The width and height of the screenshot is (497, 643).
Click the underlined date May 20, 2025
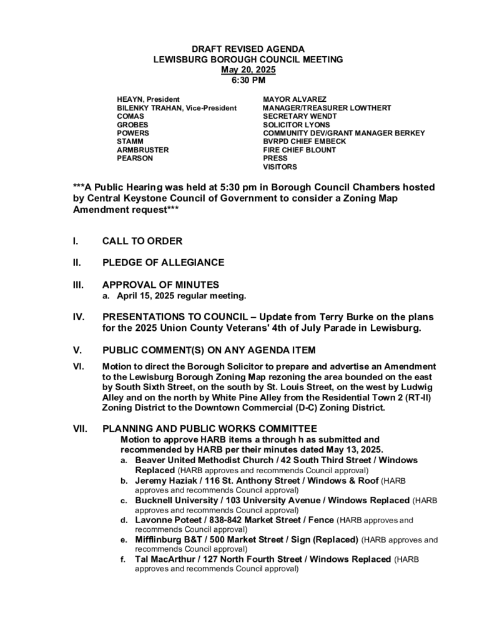coord(248,70)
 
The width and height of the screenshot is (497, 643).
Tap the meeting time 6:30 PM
coord(248,81)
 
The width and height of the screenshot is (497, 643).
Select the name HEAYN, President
coord(148,99)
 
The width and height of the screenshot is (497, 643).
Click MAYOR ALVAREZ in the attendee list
coord(295,99)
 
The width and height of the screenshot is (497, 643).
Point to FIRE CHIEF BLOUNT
coord(300,150)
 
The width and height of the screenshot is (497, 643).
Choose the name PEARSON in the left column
coord(135,159)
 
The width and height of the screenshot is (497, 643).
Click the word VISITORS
coord(280,167)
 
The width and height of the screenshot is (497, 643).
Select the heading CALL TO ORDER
coord(142,241)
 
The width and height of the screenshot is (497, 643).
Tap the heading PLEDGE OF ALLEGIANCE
coord(163,262)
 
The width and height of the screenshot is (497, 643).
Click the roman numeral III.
coord(79,285)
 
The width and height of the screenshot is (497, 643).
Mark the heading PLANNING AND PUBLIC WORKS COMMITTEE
coord(210,429)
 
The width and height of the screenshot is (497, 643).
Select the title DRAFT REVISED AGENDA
coord(248,49)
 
